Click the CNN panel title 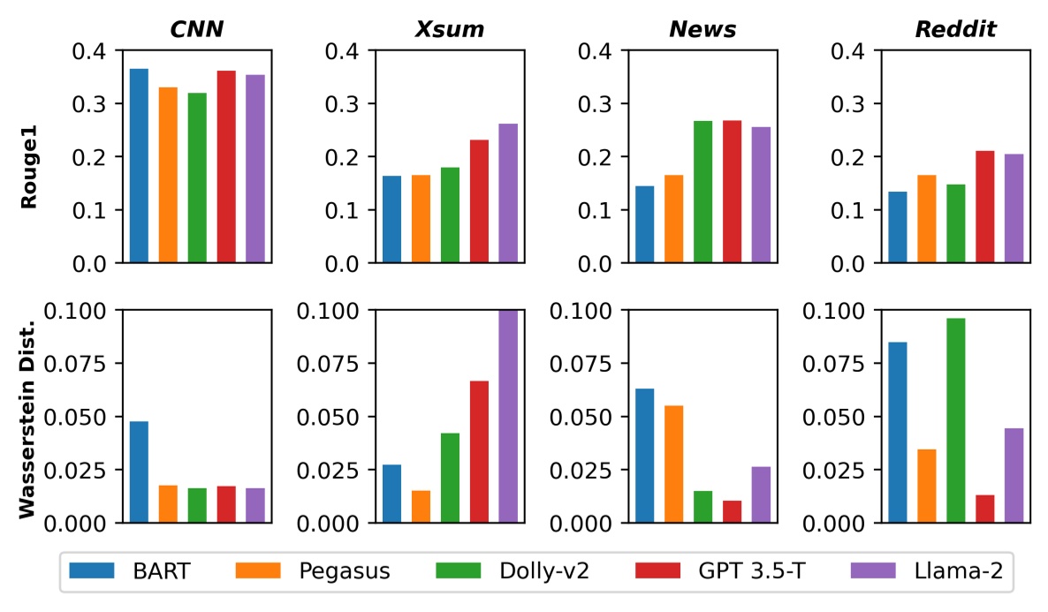click(x=196, y=30)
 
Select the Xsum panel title click(x=450, y=30)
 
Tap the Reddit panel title click(x=955, y=30)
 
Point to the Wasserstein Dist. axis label click(x=28, y=416)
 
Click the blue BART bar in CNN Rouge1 click(x=139, y=166)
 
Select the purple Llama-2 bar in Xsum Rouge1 click(x=508, y=193)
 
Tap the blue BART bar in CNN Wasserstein click(x=139, y=472)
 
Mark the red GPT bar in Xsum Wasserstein click(x=479, y=451)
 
